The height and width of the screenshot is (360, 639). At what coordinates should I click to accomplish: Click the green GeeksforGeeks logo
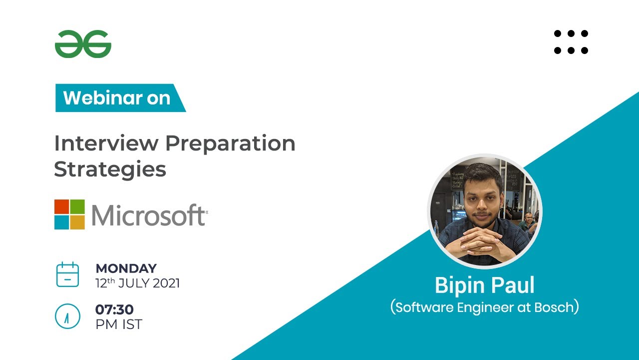coord(83,44)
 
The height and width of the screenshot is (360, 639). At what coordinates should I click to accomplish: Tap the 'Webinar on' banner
coord(117,98)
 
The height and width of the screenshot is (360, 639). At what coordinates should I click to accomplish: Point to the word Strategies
coord(110,170)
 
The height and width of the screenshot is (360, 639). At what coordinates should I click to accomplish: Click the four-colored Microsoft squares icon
coord(69,214)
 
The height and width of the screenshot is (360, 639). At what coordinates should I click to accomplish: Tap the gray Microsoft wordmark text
coord(148,215)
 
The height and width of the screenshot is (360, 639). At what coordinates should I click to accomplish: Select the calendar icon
coord(67,274)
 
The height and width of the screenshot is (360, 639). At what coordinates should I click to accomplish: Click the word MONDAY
coord(126,268)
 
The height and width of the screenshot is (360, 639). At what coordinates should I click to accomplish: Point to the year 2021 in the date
coord(166,283)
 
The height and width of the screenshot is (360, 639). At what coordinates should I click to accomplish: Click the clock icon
coord(67,316)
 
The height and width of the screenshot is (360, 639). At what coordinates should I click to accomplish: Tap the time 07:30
coord(114,310)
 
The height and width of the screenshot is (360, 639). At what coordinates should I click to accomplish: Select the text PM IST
coord(119,324)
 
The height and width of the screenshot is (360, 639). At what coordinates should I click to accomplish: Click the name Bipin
coord(460,285)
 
